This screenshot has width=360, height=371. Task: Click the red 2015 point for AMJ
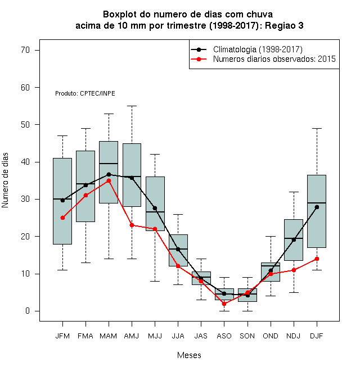[132, 225]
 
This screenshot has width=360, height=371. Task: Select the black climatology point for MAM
[109, 174]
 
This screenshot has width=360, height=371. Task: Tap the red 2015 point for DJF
[317, 259]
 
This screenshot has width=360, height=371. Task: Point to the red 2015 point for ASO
[224, 304]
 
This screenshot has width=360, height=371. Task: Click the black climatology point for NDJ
[294, 240]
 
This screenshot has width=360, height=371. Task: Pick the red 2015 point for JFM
[62, 218]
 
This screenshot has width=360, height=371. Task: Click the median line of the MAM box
[109, 164]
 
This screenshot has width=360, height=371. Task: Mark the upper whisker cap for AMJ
[132, 106]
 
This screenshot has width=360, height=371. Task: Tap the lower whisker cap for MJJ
[155, 281]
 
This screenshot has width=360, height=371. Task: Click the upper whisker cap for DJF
[317, 129]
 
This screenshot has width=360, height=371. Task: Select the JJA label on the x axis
[178, 336]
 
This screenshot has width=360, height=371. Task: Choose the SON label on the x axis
[247, 336]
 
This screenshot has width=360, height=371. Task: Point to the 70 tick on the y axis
[25, 50]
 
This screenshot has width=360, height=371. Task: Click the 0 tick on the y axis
[28, 311]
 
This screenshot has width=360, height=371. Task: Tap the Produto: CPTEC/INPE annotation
[85, 93]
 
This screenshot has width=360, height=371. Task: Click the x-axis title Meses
[189, 355]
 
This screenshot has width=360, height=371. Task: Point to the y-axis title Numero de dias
[5, 180]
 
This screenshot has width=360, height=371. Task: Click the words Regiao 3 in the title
[284, 25]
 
